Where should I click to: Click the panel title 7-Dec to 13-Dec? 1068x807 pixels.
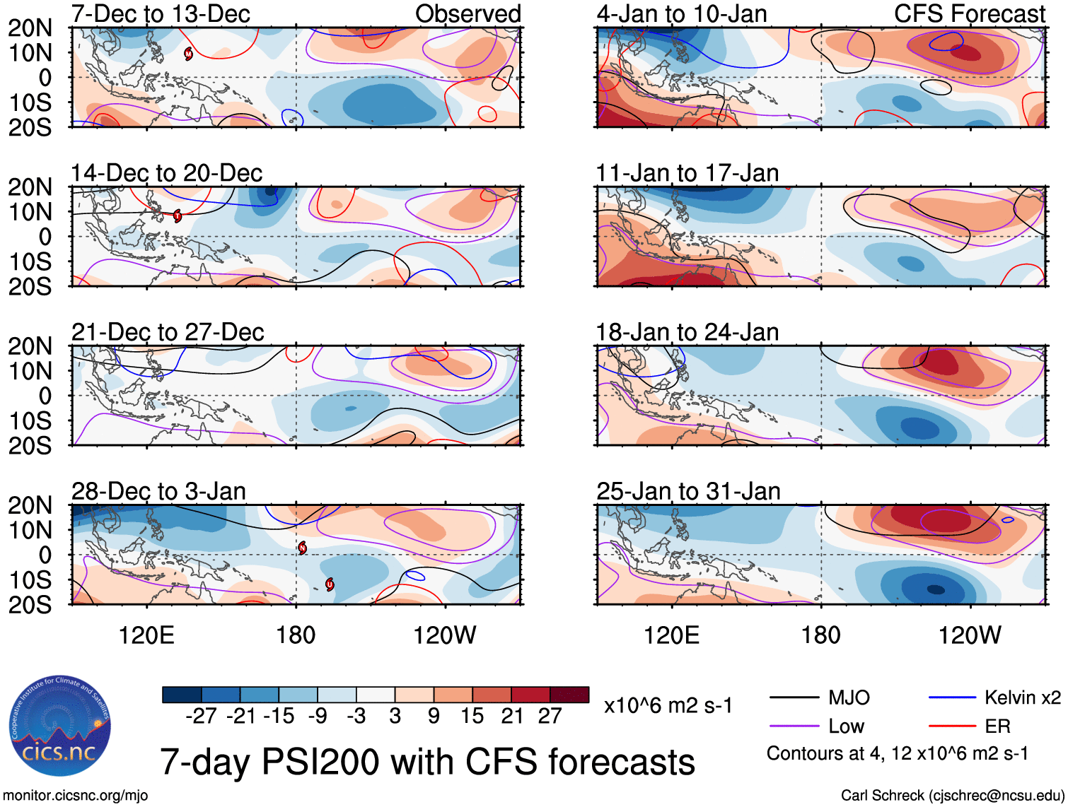click(161, 14)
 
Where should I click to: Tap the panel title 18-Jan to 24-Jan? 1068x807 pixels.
click(687, 332)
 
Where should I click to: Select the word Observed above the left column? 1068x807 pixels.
click(468, 14)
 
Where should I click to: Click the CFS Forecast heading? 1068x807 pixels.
click(969, 14)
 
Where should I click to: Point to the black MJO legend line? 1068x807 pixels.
click(794, 698)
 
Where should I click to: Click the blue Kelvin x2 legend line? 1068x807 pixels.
click(952, 698)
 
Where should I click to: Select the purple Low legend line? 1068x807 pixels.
click(794, 726)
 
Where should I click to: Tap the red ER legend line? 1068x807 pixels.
click(952, 726)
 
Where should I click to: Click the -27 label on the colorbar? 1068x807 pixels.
click(201, 717)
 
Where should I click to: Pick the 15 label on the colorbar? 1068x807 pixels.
click(472, 717)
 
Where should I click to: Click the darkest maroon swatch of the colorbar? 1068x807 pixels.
click(569, 695)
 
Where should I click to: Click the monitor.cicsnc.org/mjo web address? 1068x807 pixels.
click(76, 796)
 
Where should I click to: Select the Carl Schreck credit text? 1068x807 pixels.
click(952, 796)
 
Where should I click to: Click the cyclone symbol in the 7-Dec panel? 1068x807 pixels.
click(189, 54)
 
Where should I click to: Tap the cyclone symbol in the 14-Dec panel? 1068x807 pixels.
click(178, 216)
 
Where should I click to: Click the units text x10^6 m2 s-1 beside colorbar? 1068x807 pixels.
click(668, 706)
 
